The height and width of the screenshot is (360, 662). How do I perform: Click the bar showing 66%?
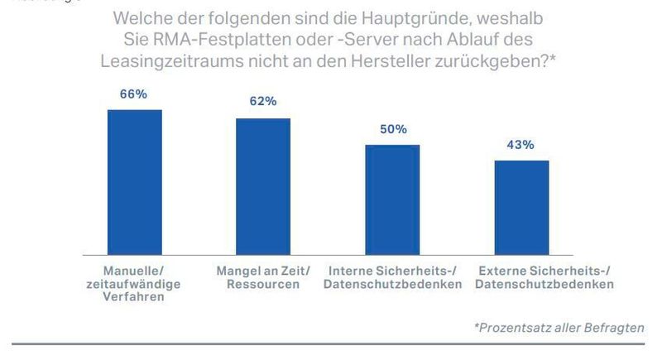tap(134, 181)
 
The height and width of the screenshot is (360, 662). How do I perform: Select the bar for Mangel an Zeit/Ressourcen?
tap(263, 185)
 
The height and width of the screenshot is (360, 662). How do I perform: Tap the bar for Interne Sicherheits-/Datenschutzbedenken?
tap(392, 199)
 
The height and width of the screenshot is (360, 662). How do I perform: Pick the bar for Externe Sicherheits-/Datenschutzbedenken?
tap(521, 206)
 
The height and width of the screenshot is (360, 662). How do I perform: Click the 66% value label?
tap(134, 94)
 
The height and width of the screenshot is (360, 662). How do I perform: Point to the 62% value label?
tap(263, 102)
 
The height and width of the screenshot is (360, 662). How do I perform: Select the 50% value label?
tap(392, 129)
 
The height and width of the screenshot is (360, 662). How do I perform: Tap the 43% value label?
tap(521, 144)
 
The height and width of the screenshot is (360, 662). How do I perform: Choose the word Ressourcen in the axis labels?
tap(262, 284)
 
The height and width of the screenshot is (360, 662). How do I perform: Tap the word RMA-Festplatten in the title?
tap(213, 40)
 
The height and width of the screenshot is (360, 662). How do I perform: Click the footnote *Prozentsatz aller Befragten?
tap(559, 328)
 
